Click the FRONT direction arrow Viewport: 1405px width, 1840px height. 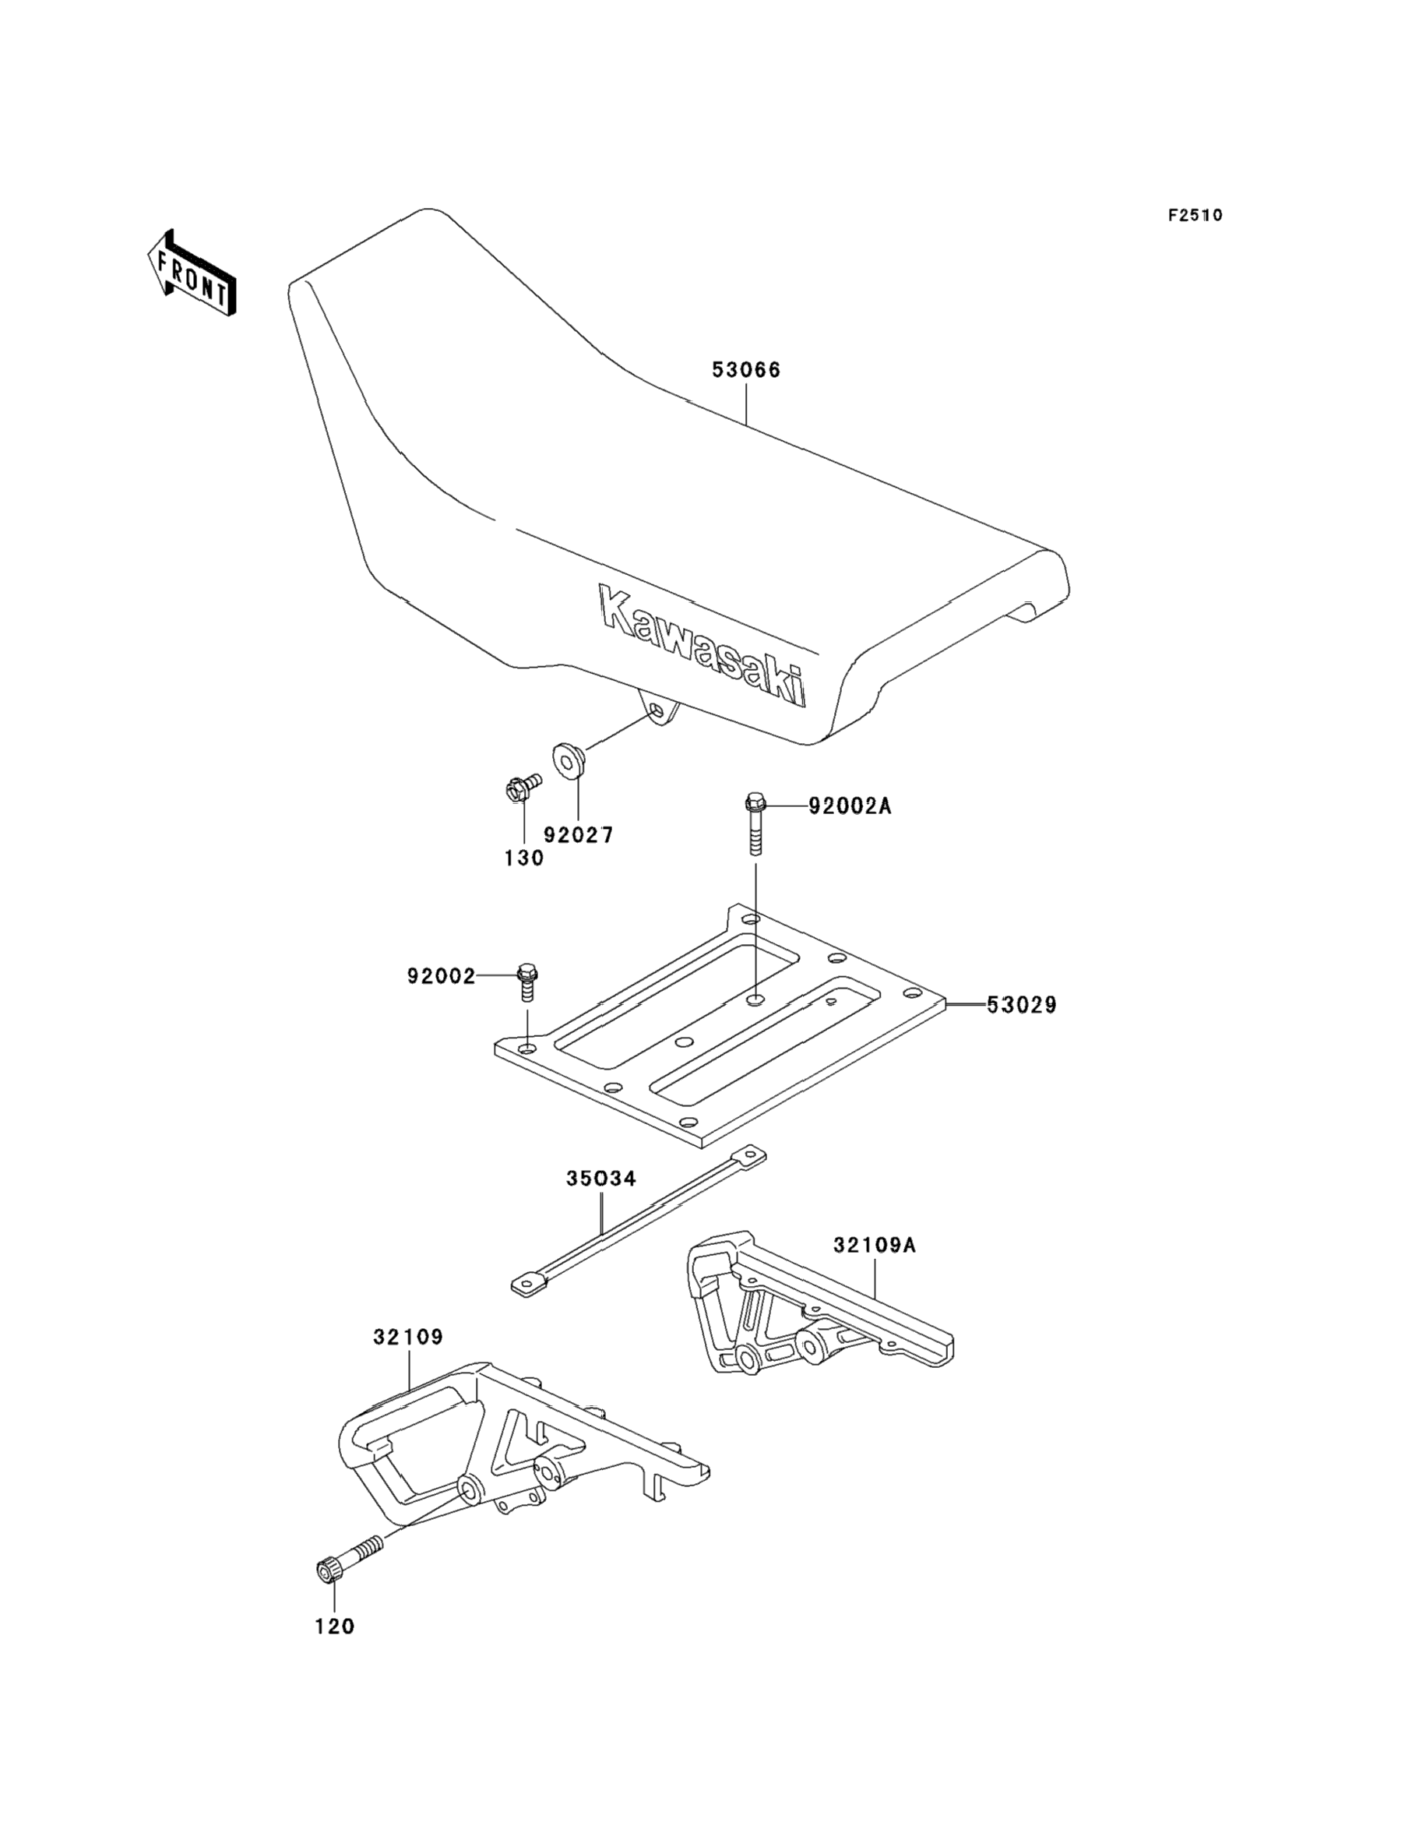click(192, 273)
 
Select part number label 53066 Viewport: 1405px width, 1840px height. click(746, 370)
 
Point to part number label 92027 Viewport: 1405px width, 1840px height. click(579, 834)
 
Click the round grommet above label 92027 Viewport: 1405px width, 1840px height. click(569, 759)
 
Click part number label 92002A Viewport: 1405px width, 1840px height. click(850, 806)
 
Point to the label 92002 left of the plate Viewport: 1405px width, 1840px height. click(442, 976)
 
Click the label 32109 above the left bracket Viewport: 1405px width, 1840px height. click(408, 1338)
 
